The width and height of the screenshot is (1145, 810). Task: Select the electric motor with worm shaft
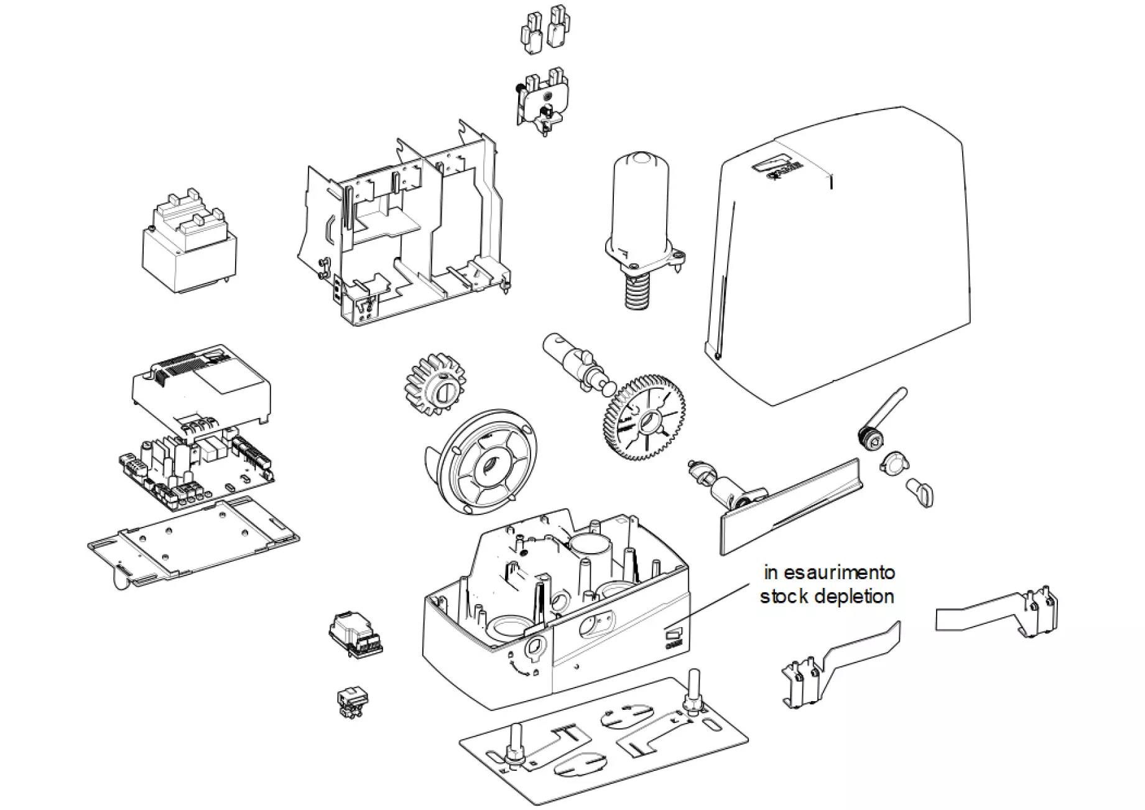click(x=639, y=218)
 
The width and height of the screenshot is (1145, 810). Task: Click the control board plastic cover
click(x=201, y=386)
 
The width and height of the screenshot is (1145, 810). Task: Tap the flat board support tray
click(x=193, y=542)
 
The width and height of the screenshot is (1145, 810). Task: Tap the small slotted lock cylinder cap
click(x=921, y=491)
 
